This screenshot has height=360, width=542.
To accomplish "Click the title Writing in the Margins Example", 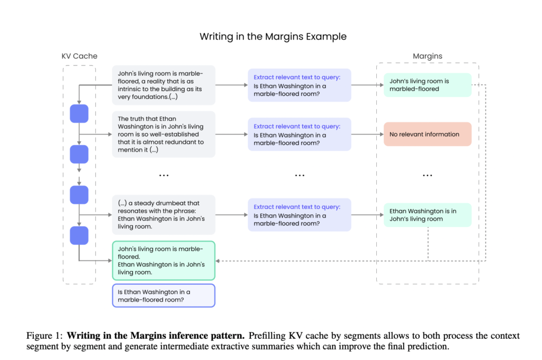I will (273, 37).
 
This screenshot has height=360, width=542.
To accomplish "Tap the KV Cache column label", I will (79, 56).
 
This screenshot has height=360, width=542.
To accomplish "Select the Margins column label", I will (428, 56).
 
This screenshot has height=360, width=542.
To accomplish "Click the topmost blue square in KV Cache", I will (79, 114).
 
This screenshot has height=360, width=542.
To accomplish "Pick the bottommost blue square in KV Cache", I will (79, 235).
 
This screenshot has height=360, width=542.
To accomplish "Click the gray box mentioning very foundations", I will (164, 85).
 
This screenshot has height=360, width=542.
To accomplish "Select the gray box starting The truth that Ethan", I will (164, 134).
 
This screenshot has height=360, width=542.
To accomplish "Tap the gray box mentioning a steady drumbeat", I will (164, 215).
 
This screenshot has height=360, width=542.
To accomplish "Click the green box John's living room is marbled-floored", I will (427, 85).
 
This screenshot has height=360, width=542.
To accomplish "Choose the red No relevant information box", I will (427, 134).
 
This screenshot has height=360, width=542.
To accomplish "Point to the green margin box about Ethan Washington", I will (427, 215).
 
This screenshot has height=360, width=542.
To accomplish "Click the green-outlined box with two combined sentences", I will (164, 260).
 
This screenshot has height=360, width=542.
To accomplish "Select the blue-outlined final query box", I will (164, 295).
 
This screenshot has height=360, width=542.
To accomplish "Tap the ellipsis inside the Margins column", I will (427, 175).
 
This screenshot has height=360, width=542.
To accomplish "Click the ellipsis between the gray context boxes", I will (164, 175).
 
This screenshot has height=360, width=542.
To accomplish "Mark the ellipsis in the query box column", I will (300, 175).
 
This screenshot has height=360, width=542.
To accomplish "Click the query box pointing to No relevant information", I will (300, 134).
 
